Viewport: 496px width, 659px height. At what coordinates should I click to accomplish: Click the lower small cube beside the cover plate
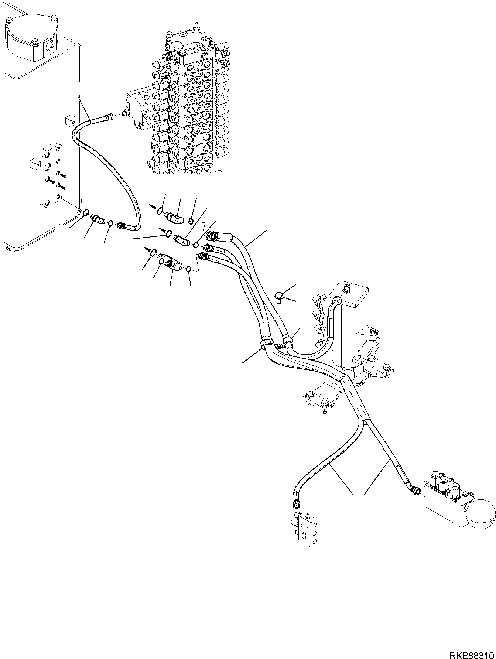34,163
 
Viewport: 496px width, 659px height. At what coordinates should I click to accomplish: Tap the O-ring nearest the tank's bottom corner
85,212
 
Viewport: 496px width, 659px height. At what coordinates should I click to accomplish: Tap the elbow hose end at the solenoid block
414,490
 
